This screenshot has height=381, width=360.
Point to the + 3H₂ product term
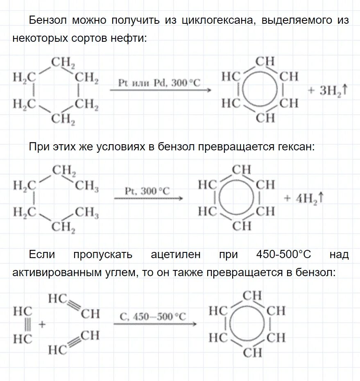[x=328, y=90]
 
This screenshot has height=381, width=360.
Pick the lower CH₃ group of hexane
[x=86, y=213]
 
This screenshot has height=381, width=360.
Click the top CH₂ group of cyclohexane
[x=63, y=63]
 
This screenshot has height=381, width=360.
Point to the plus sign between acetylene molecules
[x=42, y=324]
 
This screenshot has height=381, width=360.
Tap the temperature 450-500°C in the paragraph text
[x=284, y=254]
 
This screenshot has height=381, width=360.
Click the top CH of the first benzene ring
[x=265, y=61]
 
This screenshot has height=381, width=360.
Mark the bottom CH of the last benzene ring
[x=252, y=352]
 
